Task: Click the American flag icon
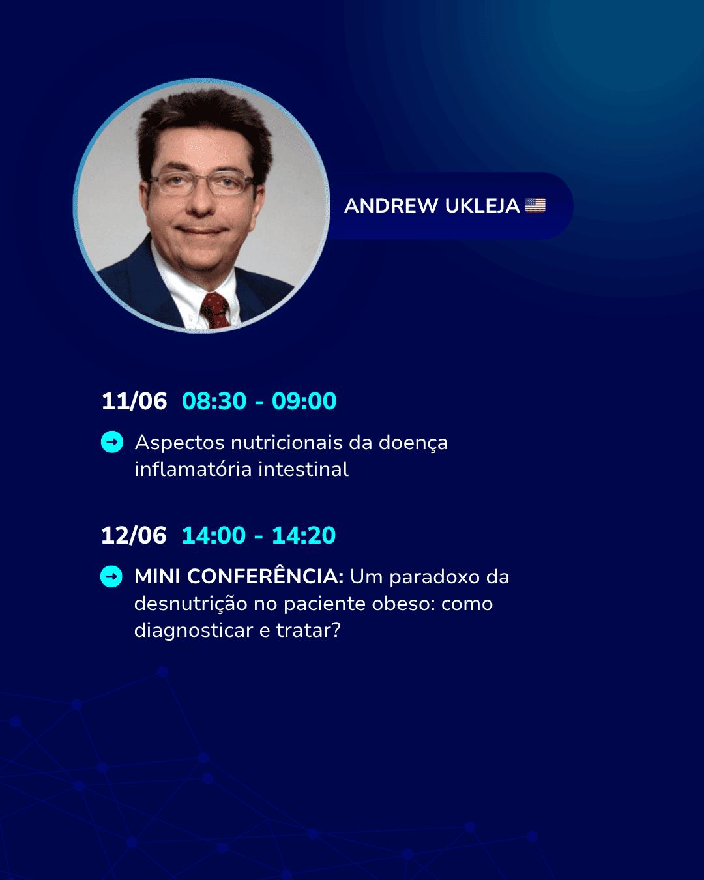point(535,205)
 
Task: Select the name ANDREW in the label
point(391,206)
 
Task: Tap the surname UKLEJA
point(482,206)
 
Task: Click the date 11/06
point(134,401)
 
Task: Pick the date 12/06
point(134,535)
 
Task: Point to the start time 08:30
point(214,401)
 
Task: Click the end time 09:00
point(304,401)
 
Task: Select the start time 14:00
point(214,535)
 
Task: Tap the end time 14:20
point(304,535)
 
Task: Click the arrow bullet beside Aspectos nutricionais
point(112,442)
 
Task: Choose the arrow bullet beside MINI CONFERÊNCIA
point(111,577)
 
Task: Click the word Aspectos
point(180,443)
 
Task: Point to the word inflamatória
point(193,469)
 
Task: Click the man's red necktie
point(215,310)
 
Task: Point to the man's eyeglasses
point(201,183)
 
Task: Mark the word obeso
point(403,604)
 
